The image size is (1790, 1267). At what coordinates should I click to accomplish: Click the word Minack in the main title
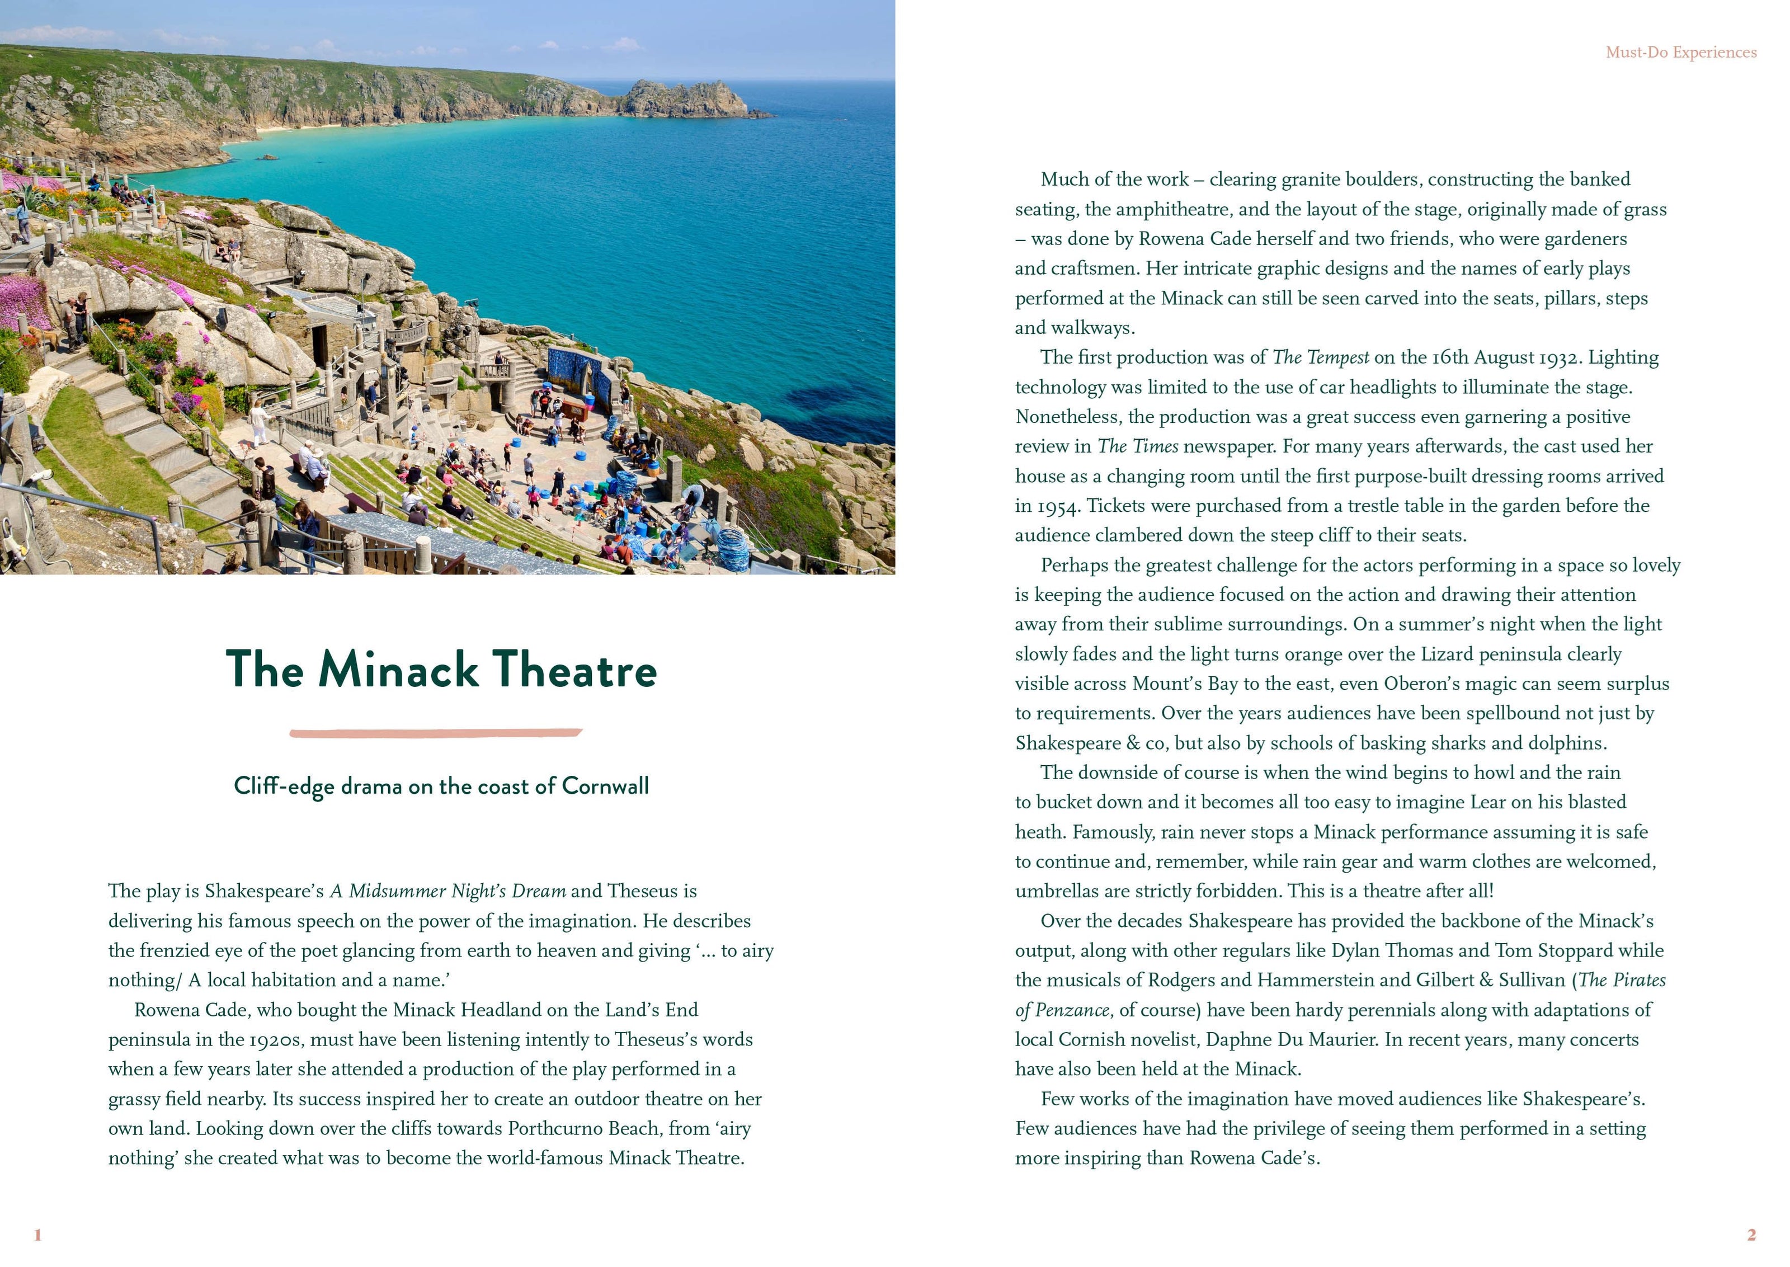coord(398,670)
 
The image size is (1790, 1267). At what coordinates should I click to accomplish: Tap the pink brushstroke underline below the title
coord(436,733)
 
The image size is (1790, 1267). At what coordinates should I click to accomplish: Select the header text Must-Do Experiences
coord(1681,52)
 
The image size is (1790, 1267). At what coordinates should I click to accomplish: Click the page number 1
coord(37,1234)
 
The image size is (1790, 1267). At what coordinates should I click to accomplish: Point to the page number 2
coord(1751,1234)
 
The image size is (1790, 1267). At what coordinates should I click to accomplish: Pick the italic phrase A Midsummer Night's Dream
coord(447,891)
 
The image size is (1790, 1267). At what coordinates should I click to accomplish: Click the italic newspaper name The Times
coord(1137,446)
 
